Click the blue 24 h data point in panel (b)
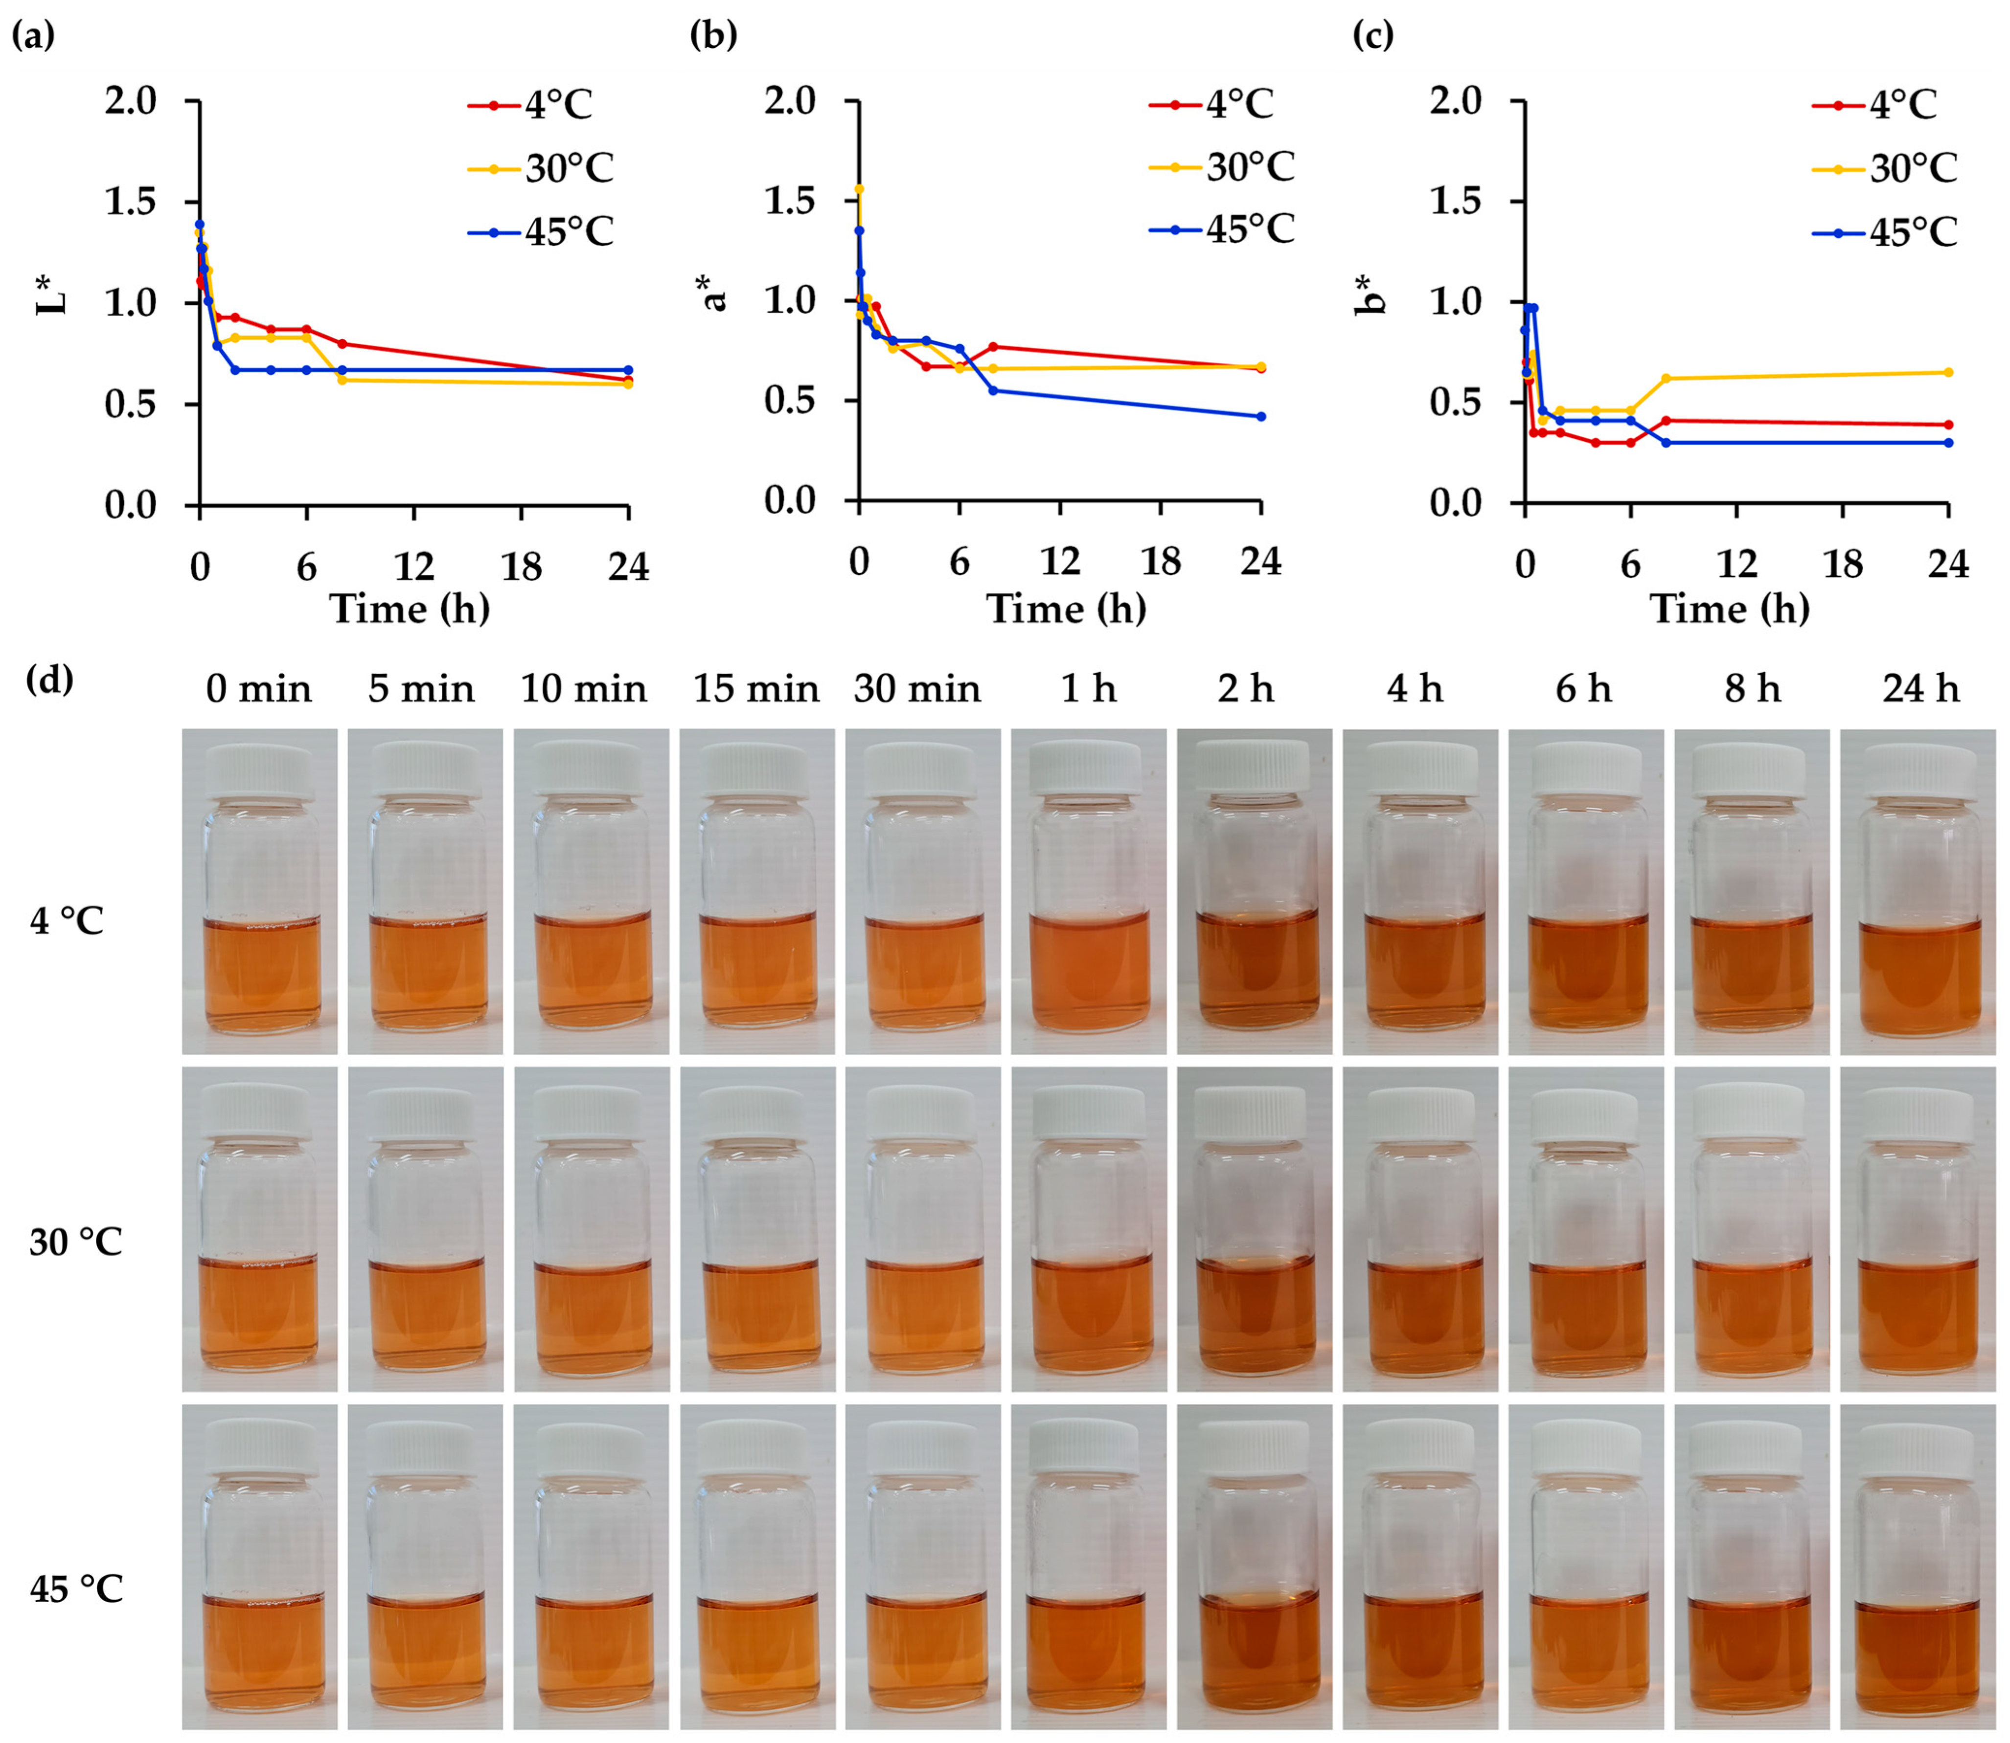pyautogui.click(x=1261, y=416)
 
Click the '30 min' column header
pyautogui.click(x=917, y=690)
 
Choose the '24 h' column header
pyautogui.click(x=1920, y=690)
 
